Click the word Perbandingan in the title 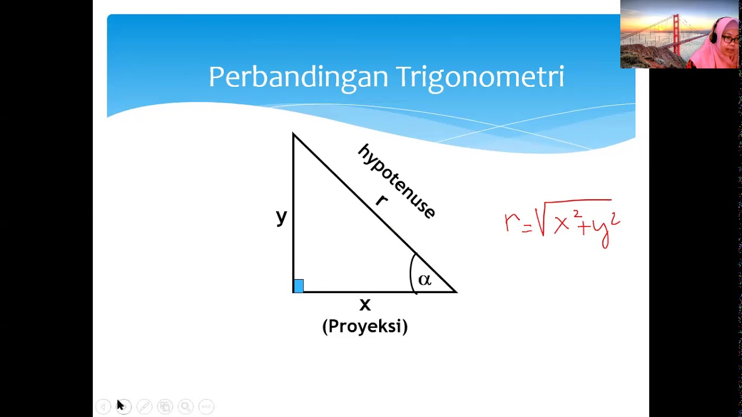[x=298, y=77]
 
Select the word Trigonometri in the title [x=480, y=77]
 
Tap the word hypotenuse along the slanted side [x=397, y=180]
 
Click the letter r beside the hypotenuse [x=381, y=200]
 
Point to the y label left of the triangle [x=281, y=217]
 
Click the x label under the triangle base [x=365, y=304]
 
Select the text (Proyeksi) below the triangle [x=365, y=326]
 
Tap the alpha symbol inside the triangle [x=424, y=280]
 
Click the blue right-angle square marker [x=299, y=286]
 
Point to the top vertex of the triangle [x=293, y=134]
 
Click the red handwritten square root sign [x=541, y=220]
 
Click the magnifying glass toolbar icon [x=185, y=407]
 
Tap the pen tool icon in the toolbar [x=144, y=407]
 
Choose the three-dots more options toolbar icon [x=206, y=407]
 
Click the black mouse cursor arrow [x=120, y=405]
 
